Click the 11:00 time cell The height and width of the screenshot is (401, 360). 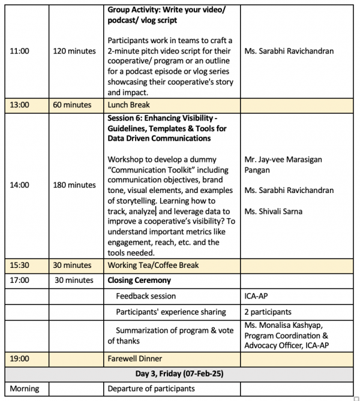(x=20, y=51)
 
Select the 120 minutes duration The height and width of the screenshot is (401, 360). (x=74, y=51)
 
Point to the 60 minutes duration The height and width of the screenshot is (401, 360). (x=72, y=105)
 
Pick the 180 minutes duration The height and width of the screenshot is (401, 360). (x=74, y=185)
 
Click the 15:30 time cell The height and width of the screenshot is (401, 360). (x=20, y=265)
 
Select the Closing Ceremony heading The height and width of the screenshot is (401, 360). (x=139, y=280)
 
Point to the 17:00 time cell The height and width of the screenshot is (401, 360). (x=20, y=280)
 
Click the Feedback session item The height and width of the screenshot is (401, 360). (x=146, y=296)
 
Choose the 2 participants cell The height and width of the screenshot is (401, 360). (x=268, y=312)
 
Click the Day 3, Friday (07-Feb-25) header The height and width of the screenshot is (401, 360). (x=179, y=373)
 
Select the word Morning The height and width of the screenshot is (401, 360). (x=25, y=388)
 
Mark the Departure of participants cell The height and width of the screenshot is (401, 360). (x=151, y=388)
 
